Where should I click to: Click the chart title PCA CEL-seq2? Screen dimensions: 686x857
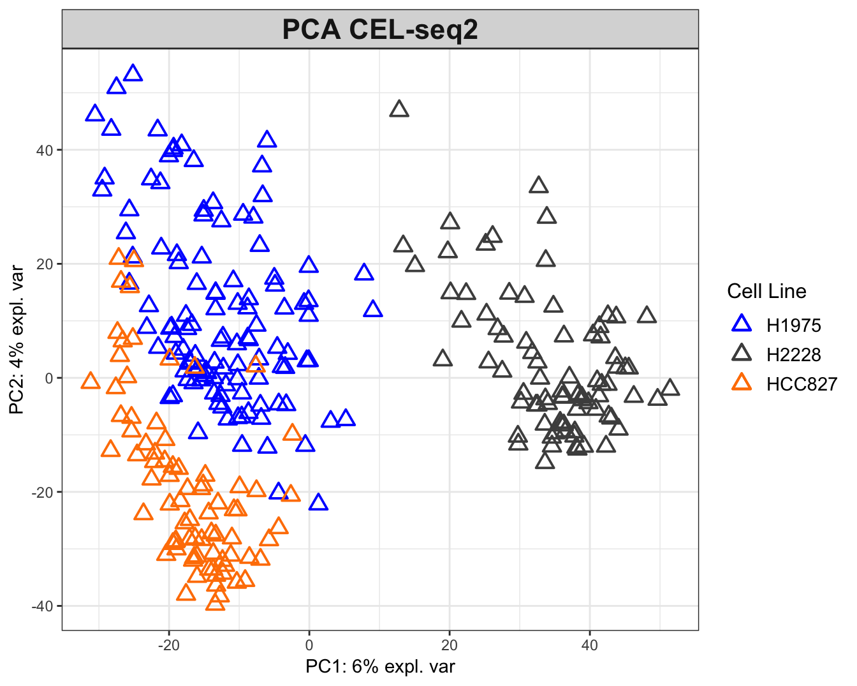[380, 30]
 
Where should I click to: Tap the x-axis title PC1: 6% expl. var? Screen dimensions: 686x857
[380, 667]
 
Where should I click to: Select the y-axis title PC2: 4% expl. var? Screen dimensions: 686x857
[17, 339]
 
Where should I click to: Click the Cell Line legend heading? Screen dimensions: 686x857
[766, 292]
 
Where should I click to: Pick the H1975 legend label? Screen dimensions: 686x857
[793, 325]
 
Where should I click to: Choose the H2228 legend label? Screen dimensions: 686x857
[793, 355]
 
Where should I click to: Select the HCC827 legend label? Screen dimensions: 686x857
[801, 384]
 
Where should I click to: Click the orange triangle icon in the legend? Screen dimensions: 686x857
[742, 383]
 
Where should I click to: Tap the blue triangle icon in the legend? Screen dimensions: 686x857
[742, 324]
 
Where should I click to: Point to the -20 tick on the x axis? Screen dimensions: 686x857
[169, 645]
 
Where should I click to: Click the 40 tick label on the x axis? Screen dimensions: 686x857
[590, 645]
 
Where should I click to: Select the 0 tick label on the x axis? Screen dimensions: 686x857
[309, 645]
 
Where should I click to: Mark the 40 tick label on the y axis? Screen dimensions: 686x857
[46, 150]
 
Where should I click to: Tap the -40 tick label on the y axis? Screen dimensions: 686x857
[43, 606]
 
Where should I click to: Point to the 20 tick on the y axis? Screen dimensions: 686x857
[46, 264]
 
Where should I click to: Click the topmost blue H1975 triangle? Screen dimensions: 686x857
[133, 73]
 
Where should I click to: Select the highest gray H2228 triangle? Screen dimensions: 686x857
[399, 109]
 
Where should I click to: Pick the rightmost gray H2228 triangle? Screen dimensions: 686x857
[670, 388]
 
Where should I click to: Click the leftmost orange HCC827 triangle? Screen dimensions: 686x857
[91, 382]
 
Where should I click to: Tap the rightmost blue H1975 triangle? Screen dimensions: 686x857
[373, 309]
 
